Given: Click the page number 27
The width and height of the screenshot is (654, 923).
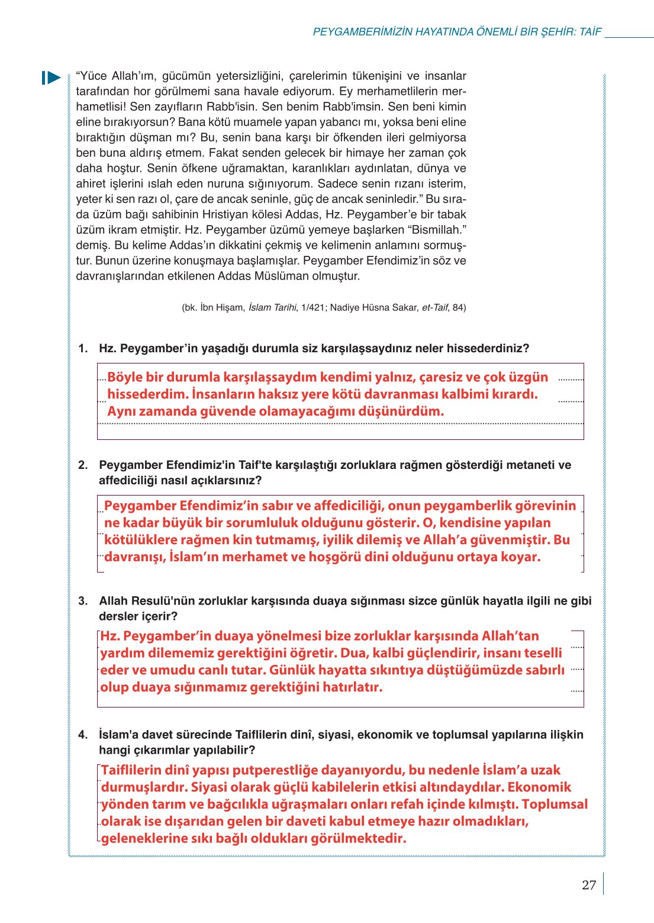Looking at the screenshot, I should (588, 885).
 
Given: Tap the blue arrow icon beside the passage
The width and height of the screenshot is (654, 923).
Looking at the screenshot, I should (51, 78).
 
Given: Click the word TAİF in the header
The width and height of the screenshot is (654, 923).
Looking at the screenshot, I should (590, 32).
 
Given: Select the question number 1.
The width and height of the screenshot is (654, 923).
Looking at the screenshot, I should (83, 349).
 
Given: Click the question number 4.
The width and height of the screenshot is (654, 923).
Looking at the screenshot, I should (83, 735).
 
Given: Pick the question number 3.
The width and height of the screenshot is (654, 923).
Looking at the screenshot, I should (83, 601).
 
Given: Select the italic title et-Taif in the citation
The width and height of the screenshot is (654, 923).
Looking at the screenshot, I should (434, 307).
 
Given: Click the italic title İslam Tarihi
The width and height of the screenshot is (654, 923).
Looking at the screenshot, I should (272, 307).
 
